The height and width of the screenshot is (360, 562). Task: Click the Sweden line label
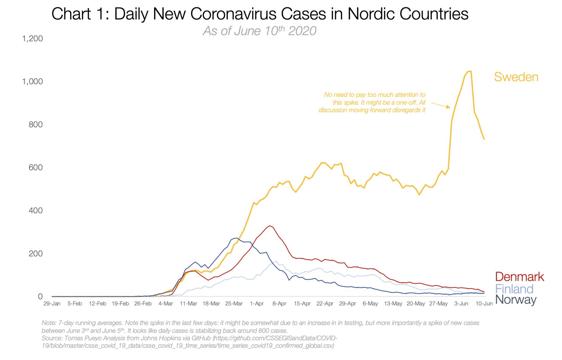[x=516, y=77]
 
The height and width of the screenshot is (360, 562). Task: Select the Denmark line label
[x=519, y=277]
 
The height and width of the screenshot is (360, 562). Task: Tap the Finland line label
[x=514, y=289]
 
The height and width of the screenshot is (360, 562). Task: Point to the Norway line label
[x=516, y=300]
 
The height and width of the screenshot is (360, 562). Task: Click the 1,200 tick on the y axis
[x=32, y=39]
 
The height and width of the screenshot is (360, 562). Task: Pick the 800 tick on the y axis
[x=36, y=125]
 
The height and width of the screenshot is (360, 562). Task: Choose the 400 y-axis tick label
[x=36, y=211]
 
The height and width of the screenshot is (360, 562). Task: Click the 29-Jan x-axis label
[x=52, y=304]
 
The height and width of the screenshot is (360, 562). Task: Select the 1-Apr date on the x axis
[x=257, y=304]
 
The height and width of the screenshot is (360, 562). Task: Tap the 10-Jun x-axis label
[x=484, y=304]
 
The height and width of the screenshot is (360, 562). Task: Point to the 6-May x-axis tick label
[x=370, y=304]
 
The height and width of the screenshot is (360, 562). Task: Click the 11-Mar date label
[x=188, y=304]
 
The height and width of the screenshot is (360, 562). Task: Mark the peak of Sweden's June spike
[x=469, y=71]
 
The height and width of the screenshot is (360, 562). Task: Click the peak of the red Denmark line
[x=270, y=226]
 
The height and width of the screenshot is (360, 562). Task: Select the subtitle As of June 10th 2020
[x=259, y=31]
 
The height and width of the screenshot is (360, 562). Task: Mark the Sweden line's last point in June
[x=484, y=139]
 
